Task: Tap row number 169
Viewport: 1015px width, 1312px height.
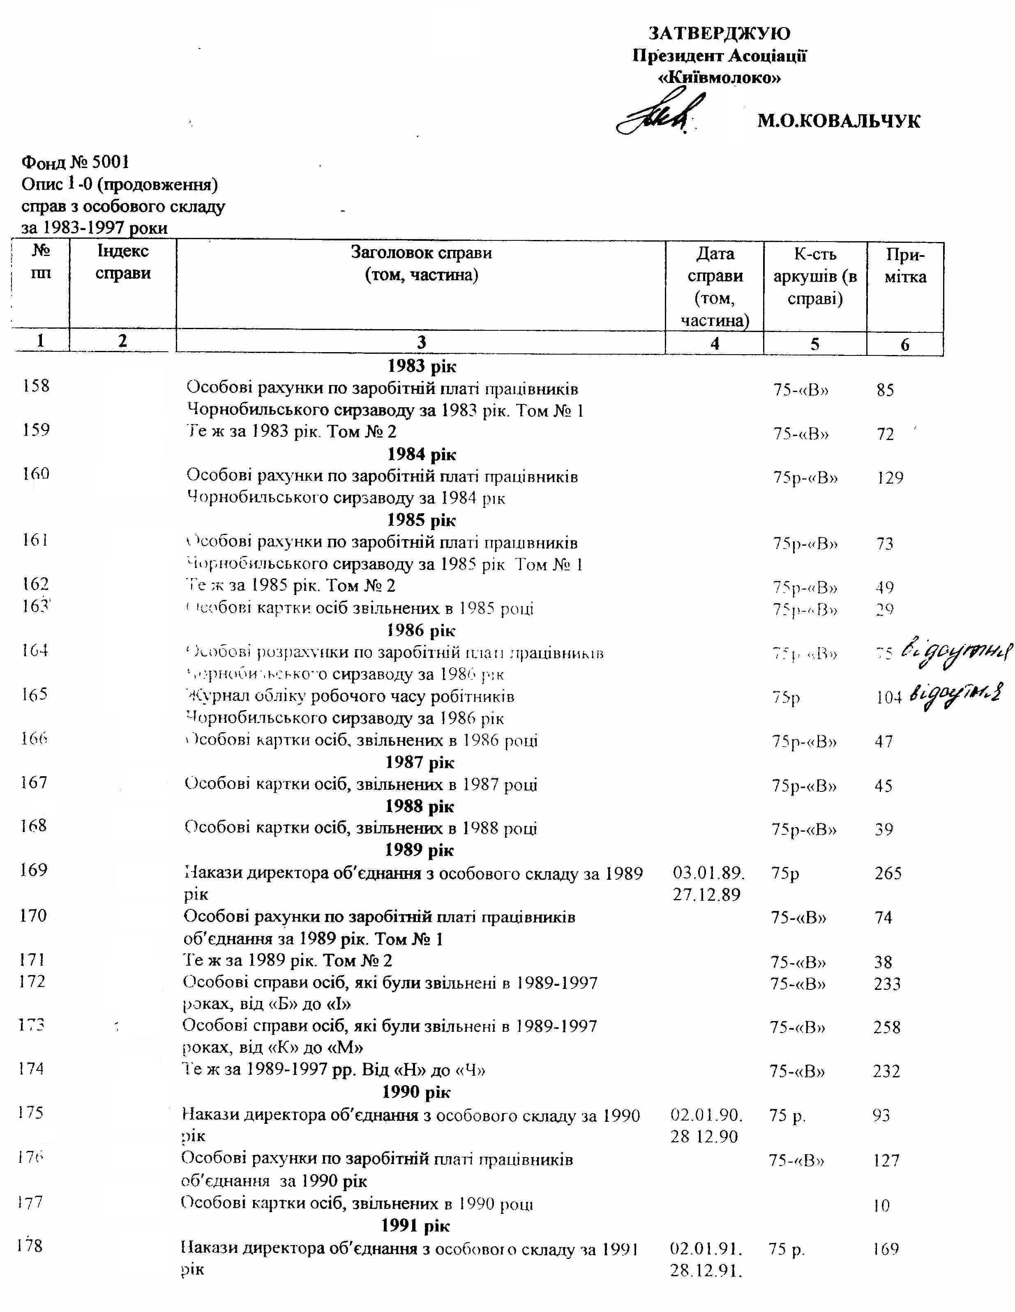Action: [x=34, y=870]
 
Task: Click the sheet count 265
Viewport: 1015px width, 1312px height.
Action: [x=888, y=873]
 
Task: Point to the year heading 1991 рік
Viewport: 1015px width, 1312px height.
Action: [x=416, y=1225]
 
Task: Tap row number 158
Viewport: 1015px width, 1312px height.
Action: [x=36, y=386]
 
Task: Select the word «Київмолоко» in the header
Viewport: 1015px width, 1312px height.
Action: [x=719, y=78]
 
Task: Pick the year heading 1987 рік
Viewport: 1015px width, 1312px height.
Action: [x=420, y=762]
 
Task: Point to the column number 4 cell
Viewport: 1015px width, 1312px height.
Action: [x=715, y=343]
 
